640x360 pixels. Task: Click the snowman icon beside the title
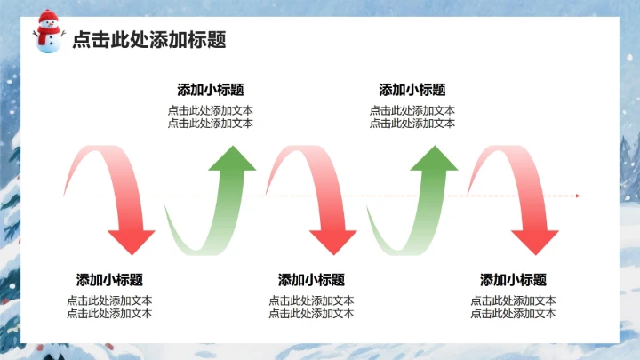pyautogui.click(x=49, y=33)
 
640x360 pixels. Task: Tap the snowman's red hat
pyautogui.click(x=48, y=18)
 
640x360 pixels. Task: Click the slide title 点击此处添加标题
pyautogui.click(x=148, y=40)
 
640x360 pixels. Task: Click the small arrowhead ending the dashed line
pyautogui.click(x=577, y=196)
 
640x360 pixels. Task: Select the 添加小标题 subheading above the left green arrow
pyautogui.click(x=211, y=90)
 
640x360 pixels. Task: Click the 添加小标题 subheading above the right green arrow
pyautogui.click(x=412, y=90)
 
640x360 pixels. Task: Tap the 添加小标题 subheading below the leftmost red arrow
pyautogui.click(x=109, y=279)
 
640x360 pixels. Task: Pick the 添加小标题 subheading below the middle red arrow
pyautogui.click(x=311, y=279)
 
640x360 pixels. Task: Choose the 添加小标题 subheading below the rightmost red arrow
pyautogui.click(x=514, y=279)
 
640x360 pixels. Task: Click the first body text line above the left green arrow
pyautogui.click(x=211, y=111)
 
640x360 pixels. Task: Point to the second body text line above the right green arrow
pyautogui.click(x=412, y=124)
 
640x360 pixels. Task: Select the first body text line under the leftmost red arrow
pyautogui.click(x=109, y=300)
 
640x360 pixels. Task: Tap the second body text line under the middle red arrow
pyautogui.click(x=311, y=313)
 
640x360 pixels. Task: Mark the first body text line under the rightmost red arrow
pyautogui.click(x=514, y=300)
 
